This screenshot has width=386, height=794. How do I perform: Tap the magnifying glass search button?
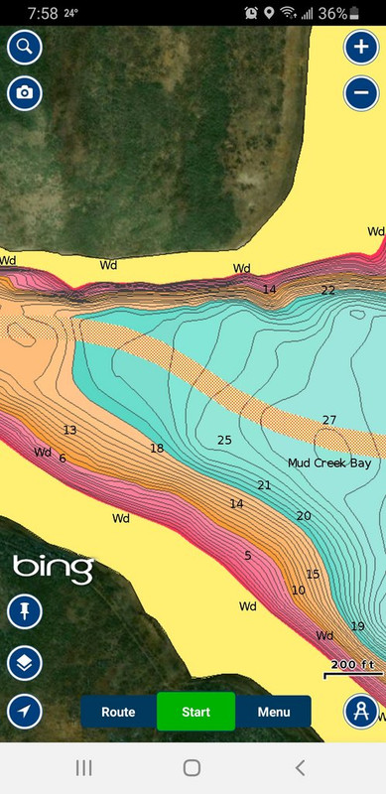pos(24,47)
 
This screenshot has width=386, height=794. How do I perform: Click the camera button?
pos(24,93)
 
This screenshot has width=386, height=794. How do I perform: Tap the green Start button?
pos(195,712)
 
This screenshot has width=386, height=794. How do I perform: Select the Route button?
pos(118,712)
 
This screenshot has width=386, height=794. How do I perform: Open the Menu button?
pos(273,712)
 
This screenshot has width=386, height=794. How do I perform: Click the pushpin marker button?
pos(24,611)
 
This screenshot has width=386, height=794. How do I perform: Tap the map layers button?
pos(24,661)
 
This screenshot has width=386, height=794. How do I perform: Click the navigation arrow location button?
pos(24,711)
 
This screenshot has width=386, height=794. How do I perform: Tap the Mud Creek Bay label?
pos(328,463)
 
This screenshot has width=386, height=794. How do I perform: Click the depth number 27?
pos(329,420)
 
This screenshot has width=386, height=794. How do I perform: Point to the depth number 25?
pos(224,440)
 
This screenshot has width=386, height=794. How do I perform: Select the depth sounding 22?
pos(327,290)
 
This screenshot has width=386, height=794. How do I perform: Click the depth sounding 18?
pos(157,449)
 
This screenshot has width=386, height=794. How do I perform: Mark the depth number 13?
pos(69,430)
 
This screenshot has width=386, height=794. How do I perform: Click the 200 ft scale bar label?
pos(353,664)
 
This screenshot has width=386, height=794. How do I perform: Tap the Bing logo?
pos(53,569)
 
